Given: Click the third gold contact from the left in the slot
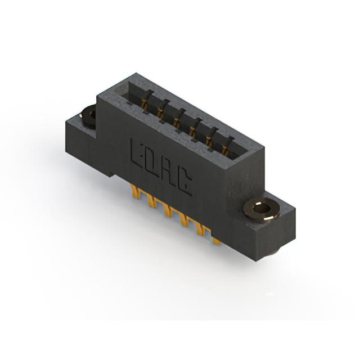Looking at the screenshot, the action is point(177,122).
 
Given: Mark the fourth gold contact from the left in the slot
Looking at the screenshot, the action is point(192,131).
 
